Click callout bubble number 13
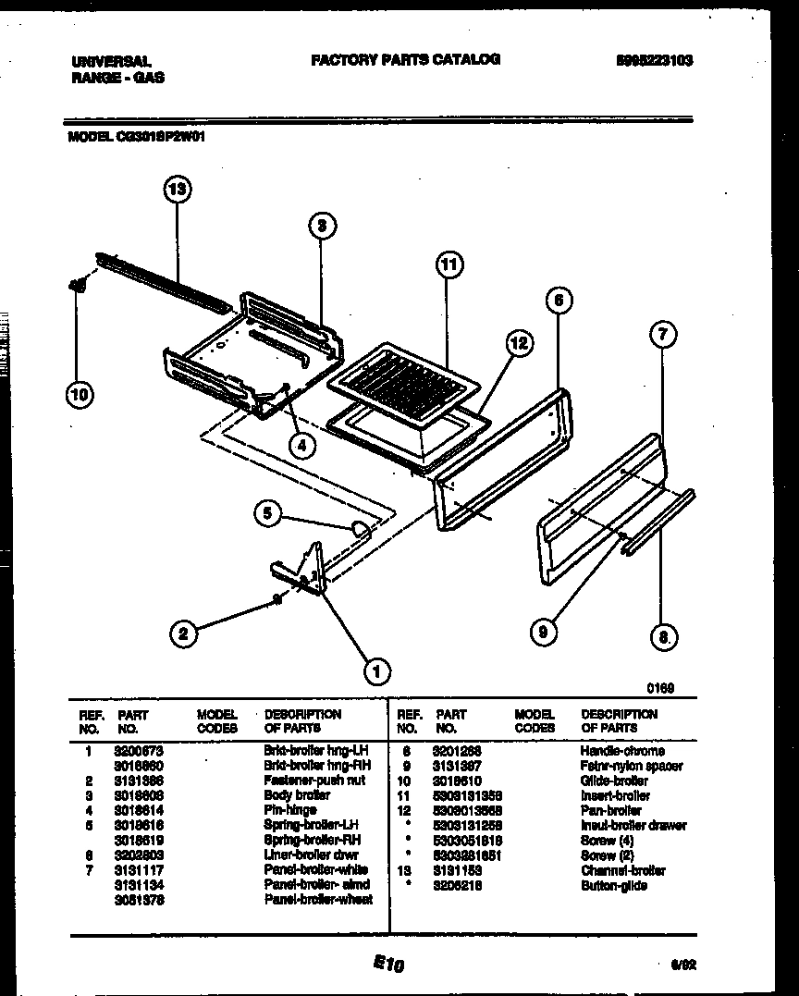[x=177, y=190]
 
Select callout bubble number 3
[x=319, y=225]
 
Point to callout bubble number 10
[x=80, y=396]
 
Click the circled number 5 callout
[x=267, y=513]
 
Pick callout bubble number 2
[x=183, y=633]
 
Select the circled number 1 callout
[x=375, y=671]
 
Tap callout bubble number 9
[x=545, y=633]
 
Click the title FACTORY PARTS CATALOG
[x=405, y=59]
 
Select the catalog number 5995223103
[x=655, y=61]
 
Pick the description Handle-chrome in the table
[x=621, y=751]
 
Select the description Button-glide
[x=613, y=885]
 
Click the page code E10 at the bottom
[x=390, y=965]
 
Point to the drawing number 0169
[x=660, y=688]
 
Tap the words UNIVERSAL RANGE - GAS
[x=117, y=69]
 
